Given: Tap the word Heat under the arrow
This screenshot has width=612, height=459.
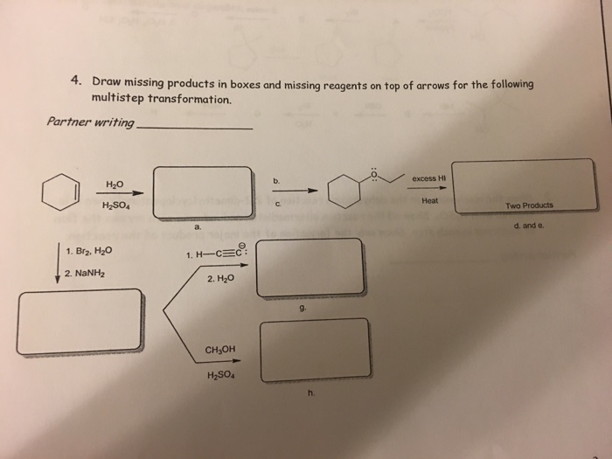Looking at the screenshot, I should point(429,200).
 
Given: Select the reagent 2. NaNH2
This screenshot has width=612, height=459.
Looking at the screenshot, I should point(86,273).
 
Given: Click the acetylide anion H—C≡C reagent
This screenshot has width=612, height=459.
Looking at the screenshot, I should point(218,254).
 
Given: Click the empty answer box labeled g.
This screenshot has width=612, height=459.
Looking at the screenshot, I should point(310,266).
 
